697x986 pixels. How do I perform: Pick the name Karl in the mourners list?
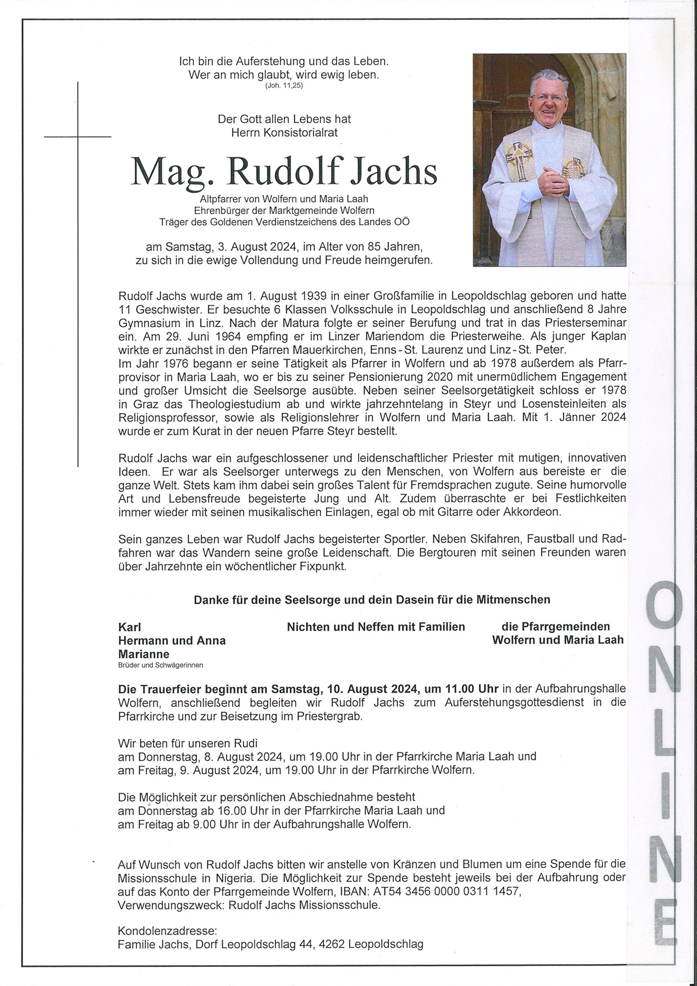[x=129, y=627]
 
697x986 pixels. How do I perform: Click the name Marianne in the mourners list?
[x=143, y=654]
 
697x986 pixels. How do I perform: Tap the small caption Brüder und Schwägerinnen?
[x=161, y=665]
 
